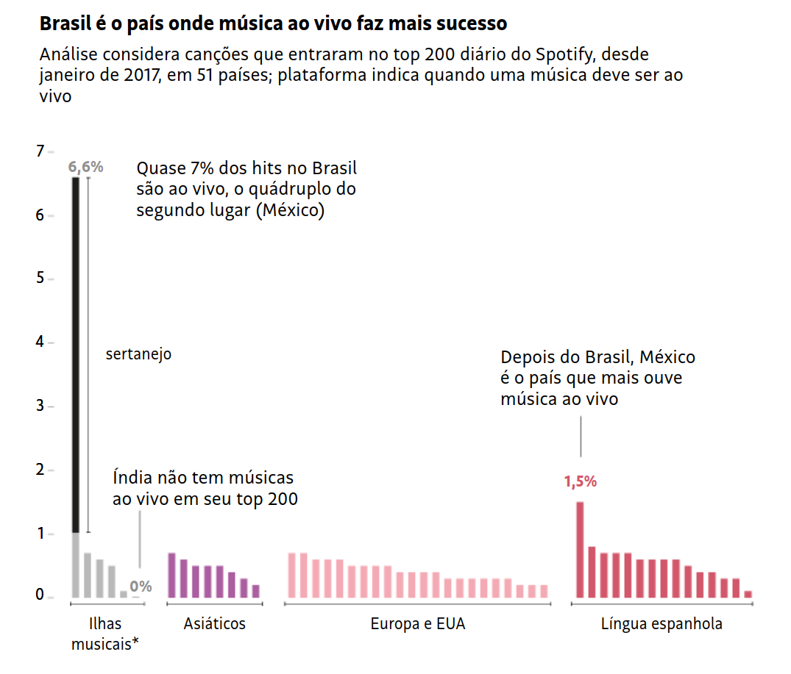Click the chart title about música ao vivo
pos(273,24)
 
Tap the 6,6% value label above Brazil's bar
pos(86,167)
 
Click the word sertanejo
pos(138,354)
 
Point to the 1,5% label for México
pos(580,482)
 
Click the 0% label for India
pos(141,587)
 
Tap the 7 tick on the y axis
pos(40,151)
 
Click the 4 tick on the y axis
pos(40,343)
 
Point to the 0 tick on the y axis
pos(40,595)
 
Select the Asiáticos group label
pos(215,624)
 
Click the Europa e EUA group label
pos(417,624)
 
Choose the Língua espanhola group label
pos(661,624)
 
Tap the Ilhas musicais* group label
pos(105,634)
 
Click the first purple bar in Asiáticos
pos(172,575)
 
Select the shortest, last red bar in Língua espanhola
pos(748,594)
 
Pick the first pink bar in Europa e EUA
pos(291,575)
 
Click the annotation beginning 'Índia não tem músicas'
pos(205,488)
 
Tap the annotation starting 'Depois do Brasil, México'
pos(597,378)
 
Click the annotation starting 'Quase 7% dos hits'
pos(246,189)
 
